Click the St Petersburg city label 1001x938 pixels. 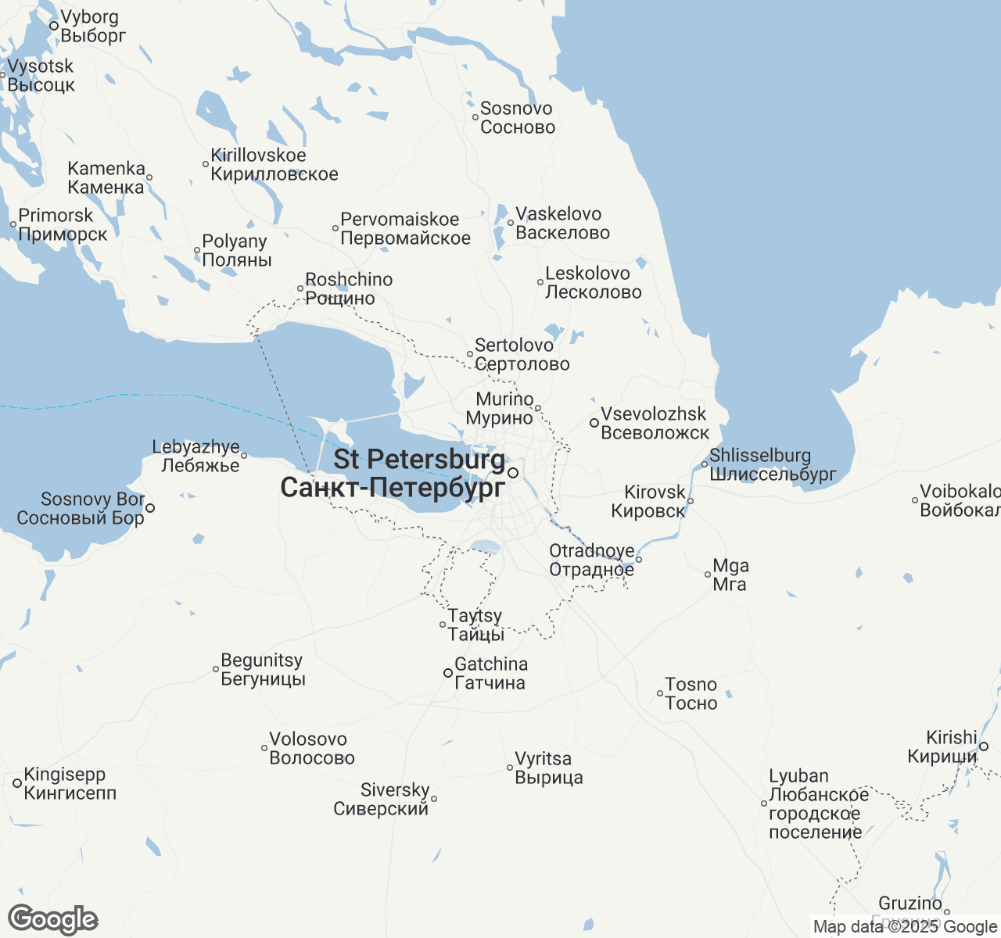[x=393, y=474]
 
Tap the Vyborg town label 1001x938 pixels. [x=92, y=27]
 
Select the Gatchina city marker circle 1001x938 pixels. [x=448, y=673]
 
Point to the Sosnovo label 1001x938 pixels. [x=518, y=118]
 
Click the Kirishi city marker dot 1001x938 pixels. [x=984, y=746]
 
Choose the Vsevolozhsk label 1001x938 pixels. [x=655, y=424]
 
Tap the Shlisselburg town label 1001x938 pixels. [x=772, y=465]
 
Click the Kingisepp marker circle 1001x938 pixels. [x=17, y=783]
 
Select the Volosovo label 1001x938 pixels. [x=311, y=749]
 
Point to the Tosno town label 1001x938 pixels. [x=691, y=694]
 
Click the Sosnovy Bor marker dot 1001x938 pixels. [x=150, y=508]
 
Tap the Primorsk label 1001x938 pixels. [x=63, y=225]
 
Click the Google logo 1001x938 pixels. [x=52, y=920]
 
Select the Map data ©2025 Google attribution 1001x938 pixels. [x=905, y=927]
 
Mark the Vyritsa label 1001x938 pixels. [x=548, y=768]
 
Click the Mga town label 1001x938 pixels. [x=730, y=575]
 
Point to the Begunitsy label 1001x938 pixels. [x=262, y=670]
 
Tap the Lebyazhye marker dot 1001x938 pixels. [x=244, y=456]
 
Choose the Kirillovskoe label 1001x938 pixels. [x=274, y=165]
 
